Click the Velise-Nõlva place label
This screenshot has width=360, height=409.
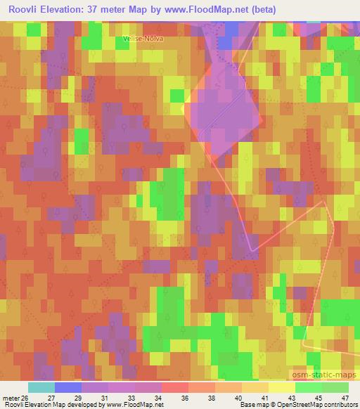(x=143, y=39)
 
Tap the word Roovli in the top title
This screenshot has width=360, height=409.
(x=26, y=10)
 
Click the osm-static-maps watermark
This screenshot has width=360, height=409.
(x=323, y=375)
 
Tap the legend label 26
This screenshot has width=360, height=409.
(x=26, y=398)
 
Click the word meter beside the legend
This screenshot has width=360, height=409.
(x=11, y=398)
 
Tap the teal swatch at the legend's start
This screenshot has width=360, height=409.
(x=41, y=387)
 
